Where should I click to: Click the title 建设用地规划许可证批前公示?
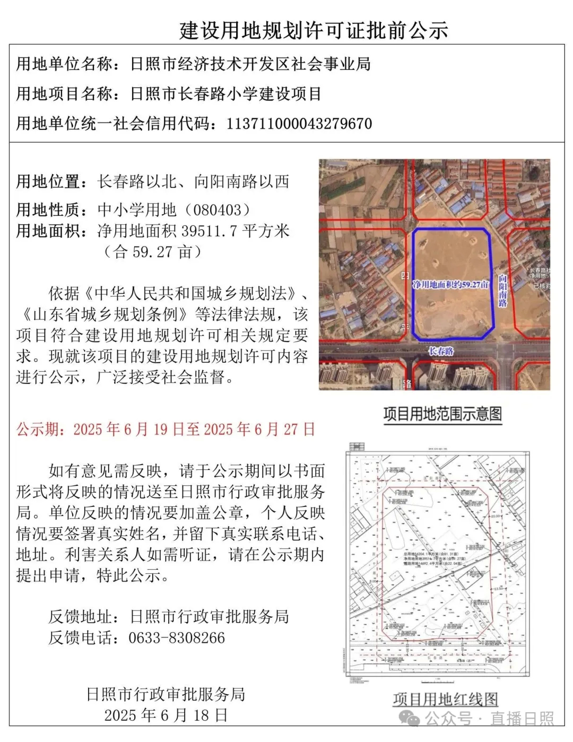(x=314, y=30)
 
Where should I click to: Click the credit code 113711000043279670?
(x=299, y=124)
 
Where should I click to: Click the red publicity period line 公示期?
(x=166, y=429)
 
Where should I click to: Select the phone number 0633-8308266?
(x=177, y=638)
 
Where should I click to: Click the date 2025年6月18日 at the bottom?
(x=166, y=715)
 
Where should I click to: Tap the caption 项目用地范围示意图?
(x=442, y=414)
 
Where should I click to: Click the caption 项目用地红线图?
(x=445, y=699)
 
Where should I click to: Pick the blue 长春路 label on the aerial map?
(x=441, y=351)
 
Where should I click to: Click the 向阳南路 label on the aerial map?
(x=502, y=290)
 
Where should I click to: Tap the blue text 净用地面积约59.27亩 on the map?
(x=450, y=285)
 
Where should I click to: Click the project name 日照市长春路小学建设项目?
(x=226, y=94)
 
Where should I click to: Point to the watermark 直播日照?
(x=522, y=719)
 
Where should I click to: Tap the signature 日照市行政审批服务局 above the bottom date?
(x=166, y=694)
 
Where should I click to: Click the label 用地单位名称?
(x=65, y=64)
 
